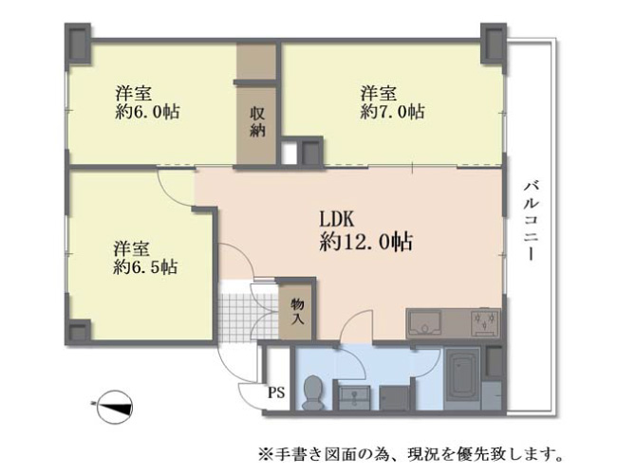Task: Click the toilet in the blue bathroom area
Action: pyautogui.click(x=312, y=392)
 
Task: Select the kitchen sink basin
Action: pyautogui.click(x=424, y=323)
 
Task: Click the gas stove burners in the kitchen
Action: pyautogui.click(x=485, y=323)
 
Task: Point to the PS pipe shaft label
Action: pyautogui.click(x=276, y=392)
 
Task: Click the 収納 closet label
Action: pyautogui.click(x=257, y=121)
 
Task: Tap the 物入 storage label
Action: pyautogui.click(x=298, y=311)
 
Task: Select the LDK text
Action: pyautogui.click(x=336, y=220)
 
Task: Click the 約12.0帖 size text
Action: pyautogui.click(x=365, y=243)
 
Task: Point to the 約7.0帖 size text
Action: pyautogui.click(x=392, y=111)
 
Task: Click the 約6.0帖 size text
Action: pyautogui.click(x=147, y=112)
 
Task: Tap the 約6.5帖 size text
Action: pyautogui.click(x=145, y=267)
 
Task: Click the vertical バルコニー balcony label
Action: pyautogui.click(x=531, y=222)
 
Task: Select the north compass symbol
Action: pyautogui.click(x=114, y=407)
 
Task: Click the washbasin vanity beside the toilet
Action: pyautogui.click(x=354, y=397)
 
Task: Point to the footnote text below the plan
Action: pyautogui.click(x=411, y=454)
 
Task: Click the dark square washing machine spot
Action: pyautogui.click(x=394, y=398)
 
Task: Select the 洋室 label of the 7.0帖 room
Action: pyautogui.click(x=379, y=94)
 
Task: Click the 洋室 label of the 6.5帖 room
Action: pyautogui.click(x=131, y=249)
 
